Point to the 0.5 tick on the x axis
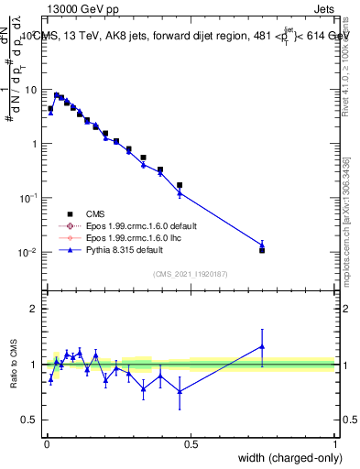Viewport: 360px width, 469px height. pyautogui.click(x=191, y=444)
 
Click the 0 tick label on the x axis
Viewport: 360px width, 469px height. pyautogui.click(x=47, y=444)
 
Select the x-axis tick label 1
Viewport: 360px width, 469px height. pyautogui.click(x=335, y=444)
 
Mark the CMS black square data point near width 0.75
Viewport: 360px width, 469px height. pyautogui.click(x=262, y=250)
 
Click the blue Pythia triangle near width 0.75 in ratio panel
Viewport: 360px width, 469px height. pyautogui.click(x=262, y=346)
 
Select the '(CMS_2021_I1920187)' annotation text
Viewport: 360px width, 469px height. pyautogui.click(x=191, y=273)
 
